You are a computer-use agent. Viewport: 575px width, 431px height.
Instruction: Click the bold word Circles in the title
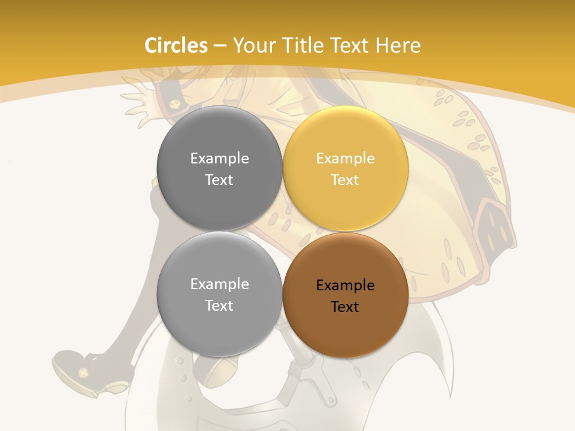tap(176, 45)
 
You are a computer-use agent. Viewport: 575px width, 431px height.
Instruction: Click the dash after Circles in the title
tap(220, 46)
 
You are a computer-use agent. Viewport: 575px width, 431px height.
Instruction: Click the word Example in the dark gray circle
tap(219, 158)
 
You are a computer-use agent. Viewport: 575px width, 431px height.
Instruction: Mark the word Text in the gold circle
tap(345, 180)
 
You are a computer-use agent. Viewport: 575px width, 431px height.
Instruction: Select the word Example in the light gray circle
tap(219, 284)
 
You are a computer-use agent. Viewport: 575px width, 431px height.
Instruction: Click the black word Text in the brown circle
tap(345, 306)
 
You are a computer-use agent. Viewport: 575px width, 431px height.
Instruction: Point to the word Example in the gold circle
tap(345, 158)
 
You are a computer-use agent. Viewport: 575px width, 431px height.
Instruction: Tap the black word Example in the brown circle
tap(345, 285)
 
